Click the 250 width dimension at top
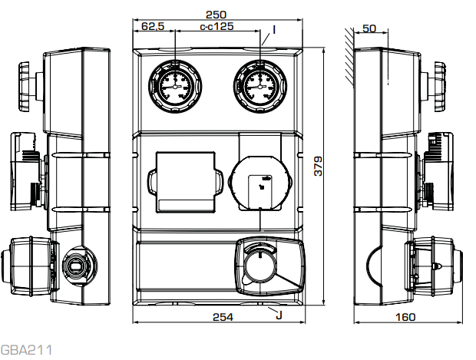[217, 14]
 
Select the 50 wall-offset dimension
[369, 28]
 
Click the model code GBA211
[26, 350]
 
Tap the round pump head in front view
[259, 183]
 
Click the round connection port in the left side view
[76, 265]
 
